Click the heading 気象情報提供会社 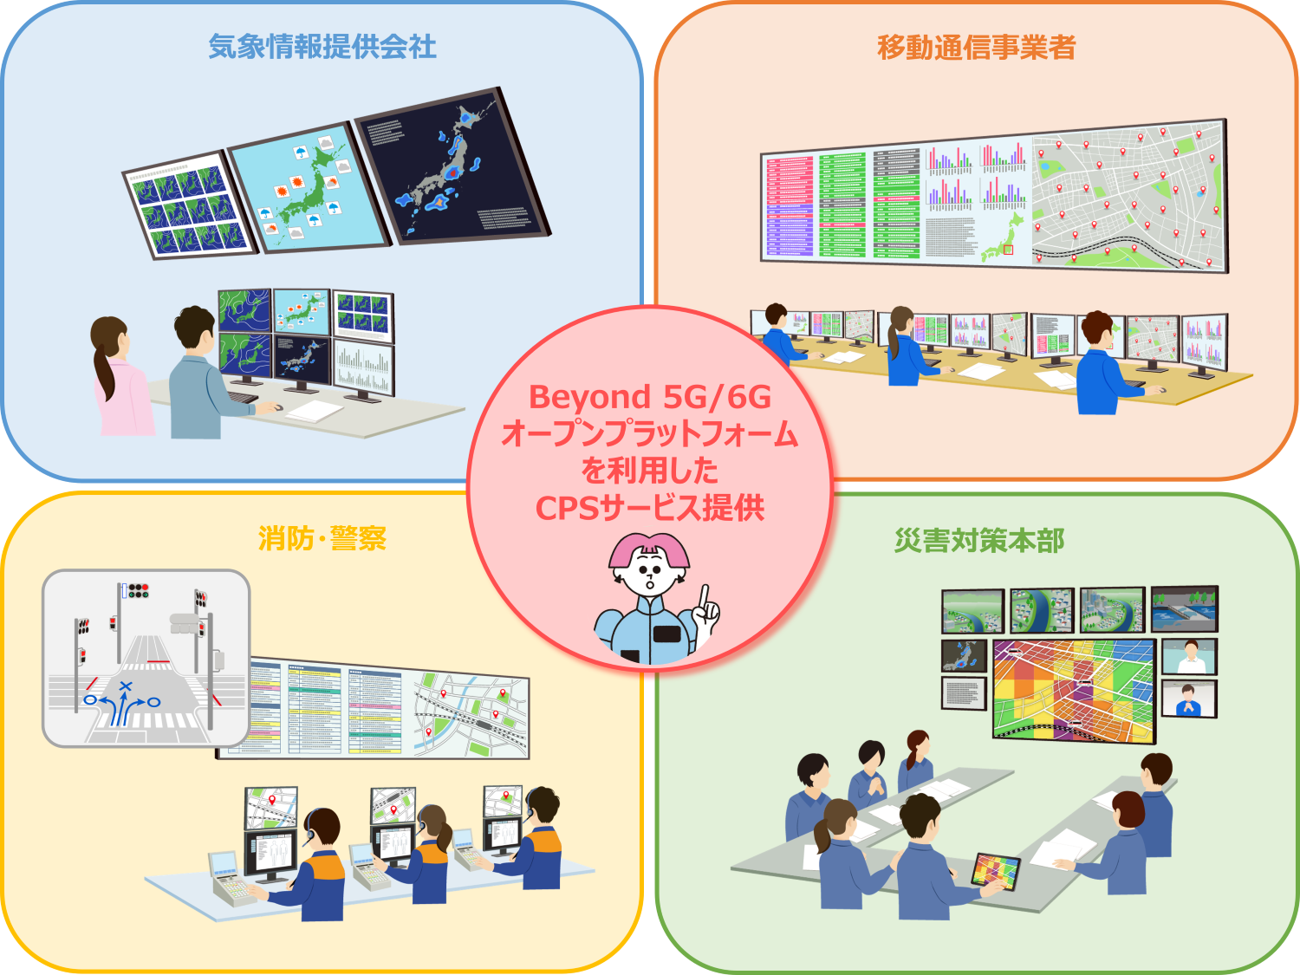[x=322, y=47]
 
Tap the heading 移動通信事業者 [x=977, y=47]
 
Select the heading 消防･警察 [x=322, y=538]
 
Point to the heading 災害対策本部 [x=979, y=540]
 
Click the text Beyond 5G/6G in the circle [x=649, y=397]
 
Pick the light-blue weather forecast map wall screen [x=308, y=191]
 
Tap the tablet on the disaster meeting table [x=995, y=871]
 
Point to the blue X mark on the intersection [x=126, y=687]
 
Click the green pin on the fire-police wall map [x=501, y=692]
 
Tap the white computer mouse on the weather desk [x=278, y=406]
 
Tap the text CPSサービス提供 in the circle [x=649, y=507]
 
